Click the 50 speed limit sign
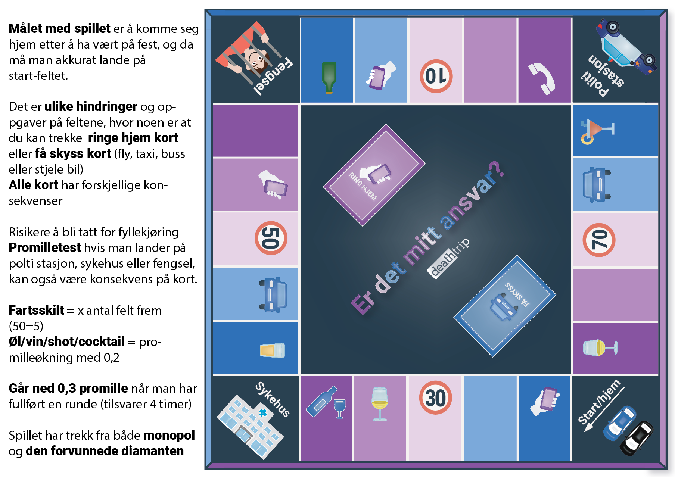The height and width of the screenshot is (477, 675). pos(271,238)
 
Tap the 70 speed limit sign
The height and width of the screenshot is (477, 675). pos(599,240)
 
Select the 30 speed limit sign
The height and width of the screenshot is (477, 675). pos(435,397)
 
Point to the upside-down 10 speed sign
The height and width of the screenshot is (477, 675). pos(436,76)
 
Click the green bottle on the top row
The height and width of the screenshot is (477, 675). pos(329,77)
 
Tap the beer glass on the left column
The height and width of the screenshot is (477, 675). pos(273,350)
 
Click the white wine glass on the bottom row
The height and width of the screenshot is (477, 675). pos(380,404)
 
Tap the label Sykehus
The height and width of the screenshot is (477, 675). pos(273,399)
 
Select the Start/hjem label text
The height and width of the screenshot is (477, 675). pos(599,402)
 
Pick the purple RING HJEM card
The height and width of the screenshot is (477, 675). pos(374,175)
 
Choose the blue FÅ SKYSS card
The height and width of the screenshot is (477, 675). pos(505,306)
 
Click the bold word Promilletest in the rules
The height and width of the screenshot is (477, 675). pos(45,247)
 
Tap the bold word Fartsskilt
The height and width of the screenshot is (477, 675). pos(36,310)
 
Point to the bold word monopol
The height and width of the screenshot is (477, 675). pos(169,435)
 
